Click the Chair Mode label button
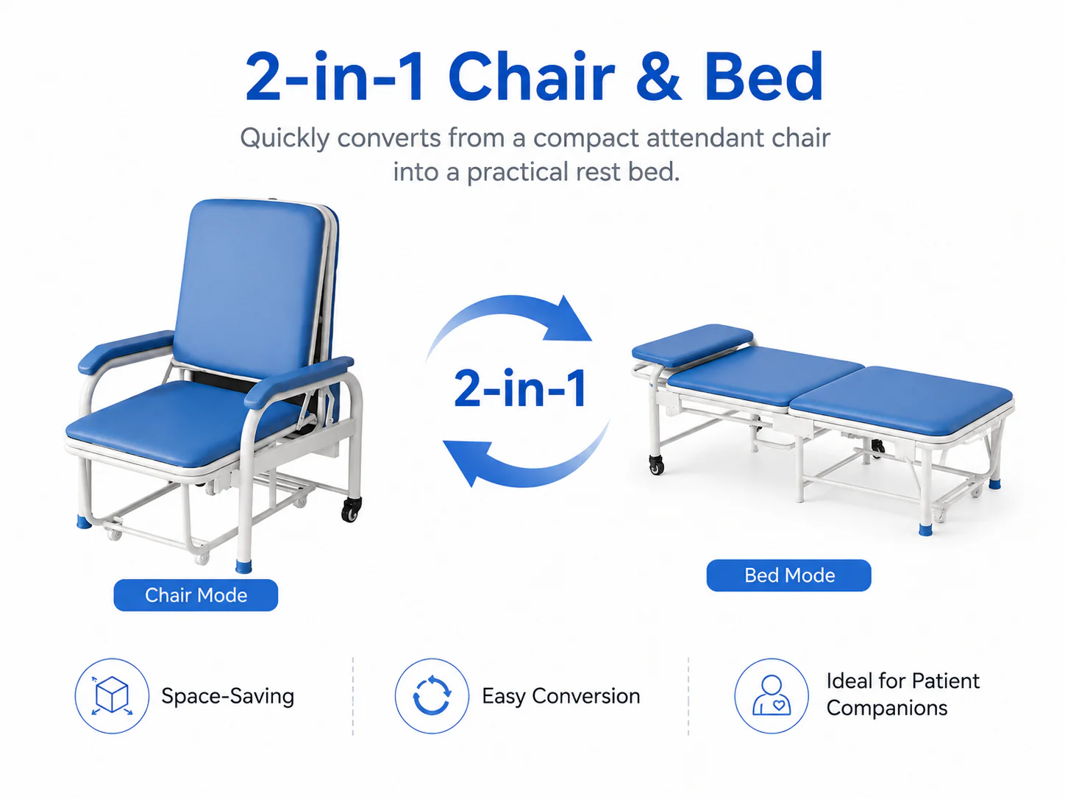(196, 594)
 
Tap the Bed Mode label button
(788, 575)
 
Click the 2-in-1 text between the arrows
(520, 388)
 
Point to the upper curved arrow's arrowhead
(569, 319)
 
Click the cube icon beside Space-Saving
(112, 695)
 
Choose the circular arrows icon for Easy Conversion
(431, 695)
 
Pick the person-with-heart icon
(771, 695)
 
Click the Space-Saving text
(227, 696)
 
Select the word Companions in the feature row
(886, 709)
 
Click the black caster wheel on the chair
(351, 510)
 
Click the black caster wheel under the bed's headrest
(657, 465)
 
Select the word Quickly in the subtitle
(285, 139)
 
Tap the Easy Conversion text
(561, 696)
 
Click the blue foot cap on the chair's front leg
(243, 566)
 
